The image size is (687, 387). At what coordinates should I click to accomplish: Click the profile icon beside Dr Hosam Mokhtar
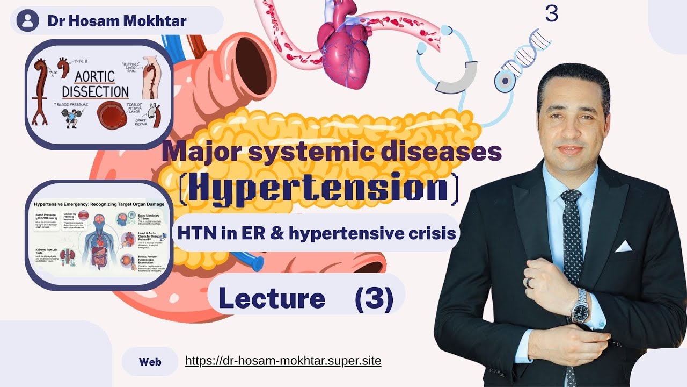[27, 21]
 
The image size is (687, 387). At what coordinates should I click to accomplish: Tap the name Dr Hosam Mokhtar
[117, 21]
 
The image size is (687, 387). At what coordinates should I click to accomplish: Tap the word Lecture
[272, 298]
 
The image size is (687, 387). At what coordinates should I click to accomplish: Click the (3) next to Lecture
[374, 298]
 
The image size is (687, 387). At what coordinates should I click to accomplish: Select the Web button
[150, 361]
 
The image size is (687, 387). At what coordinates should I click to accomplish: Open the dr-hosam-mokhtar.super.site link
[283, 361]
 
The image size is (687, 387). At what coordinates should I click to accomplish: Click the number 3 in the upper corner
[551, 13]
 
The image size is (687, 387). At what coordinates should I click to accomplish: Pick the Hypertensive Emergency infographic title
[99, 204]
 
